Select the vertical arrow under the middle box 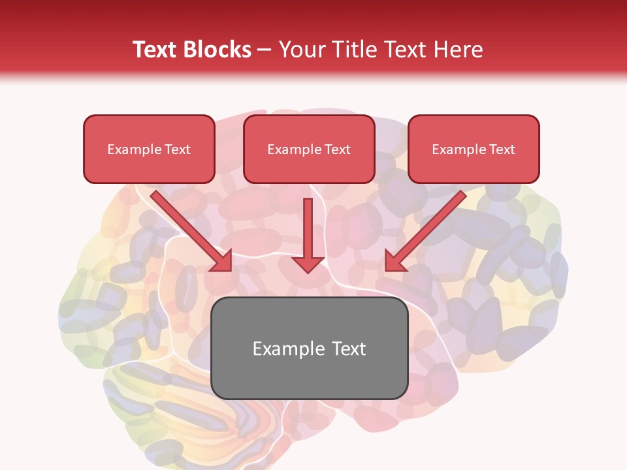tap(308, 232)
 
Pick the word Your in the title tap(301, 50)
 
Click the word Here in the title tap(459, 50)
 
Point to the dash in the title tap(265, 50)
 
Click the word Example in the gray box tap(285, 349)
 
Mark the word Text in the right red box tap(502, 149)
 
